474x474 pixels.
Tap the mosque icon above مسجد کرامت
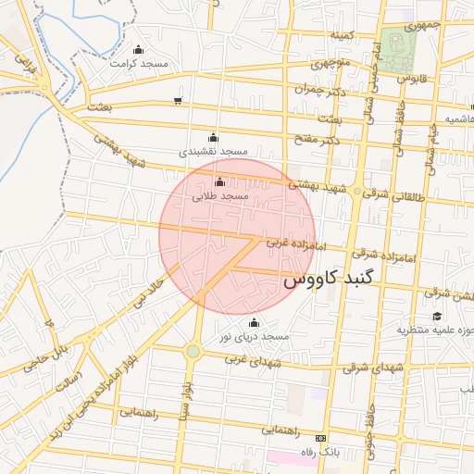139,50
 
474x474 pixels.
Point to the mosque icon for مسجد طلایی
218,181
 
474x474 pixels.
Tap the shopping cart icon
177,101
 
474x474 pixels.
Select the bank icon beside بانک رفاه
321,438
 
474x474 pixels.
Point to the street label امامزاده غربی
286,243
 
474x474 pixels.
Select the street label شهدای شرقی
374,368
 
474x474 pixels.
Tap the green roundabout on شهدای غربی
193,351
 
